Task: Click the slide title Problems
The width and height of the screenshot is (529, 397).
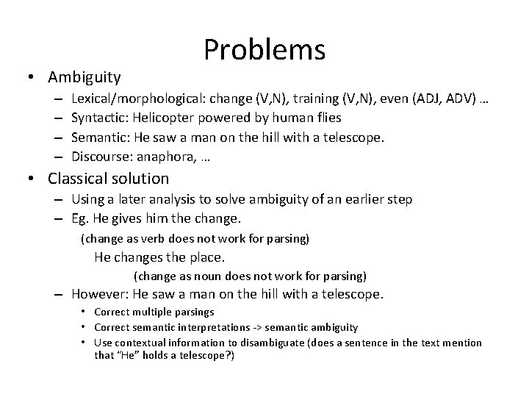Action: pyautogui.click(x=264, y=49)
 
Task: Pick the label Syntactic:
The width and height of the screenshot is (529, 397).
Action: pyautogui.click(x=99, y=118)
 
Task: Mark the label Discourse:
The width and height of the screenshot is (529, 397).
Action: pyautogui.click(x=101, y=156)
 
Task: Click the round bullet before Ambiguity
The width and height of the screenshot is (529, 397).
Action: pyautogui.click(x=34, y=76)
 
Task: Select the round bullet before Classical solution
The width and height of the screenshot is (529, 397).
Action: pyautogui.click(x=34, y=179)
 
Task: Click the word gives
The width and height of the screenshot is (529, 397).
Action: pyautogui.click(x=128, y=218)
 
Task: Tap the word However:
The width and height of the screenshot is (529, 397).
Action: pyautogui.click(x=101, y=295)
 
